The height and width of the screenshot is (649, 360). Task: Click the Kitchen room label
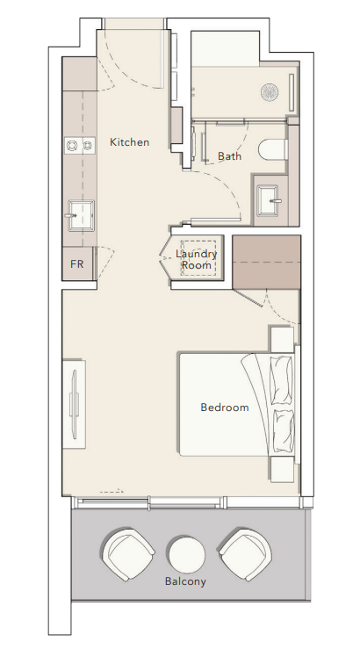(130, 142)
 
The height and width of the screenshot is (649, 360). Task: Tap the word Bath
(229, 156)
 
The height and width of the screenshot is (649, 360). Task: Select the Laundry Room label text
(196, 260)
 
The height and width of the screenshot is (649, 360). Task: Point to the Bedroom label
(225, 407)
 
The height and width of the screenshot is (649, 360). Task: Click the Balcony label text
(185, 581)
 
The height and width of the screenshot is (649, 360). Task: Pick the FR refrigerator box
(78, 263)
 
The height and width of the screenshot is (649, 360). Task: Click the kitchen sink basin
(81, 215)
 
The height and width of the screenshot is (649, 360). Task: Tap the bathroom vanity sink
(270, 201)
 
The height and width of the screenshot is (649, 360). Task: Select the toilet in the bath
(273, 150)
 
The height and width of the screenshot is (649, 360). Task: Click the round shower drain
(270, 92)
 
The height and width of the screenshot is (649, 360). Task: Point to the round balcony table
(187, 555)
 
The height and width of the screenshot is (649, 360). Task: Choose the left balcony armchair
(127, 555)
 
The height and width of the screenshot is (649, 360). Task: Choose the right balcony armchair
(245, 555)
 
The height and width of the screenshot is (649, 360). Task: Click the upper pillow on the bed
(281, 379)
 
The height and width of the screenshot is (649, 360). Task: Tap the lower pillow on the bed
(283, 431)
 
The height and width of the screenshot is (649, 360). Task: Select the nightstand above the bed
(282, 338)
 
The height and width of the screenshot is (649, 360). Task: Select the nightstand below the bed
(282, 469)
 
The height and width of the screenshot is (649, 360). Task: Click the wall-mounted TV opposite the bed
(74, 404)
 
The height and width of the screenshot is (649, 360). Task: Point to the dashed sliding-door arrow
(112, 491)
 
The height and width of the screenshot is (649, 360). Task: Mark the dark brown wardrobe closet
(266, 263)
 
